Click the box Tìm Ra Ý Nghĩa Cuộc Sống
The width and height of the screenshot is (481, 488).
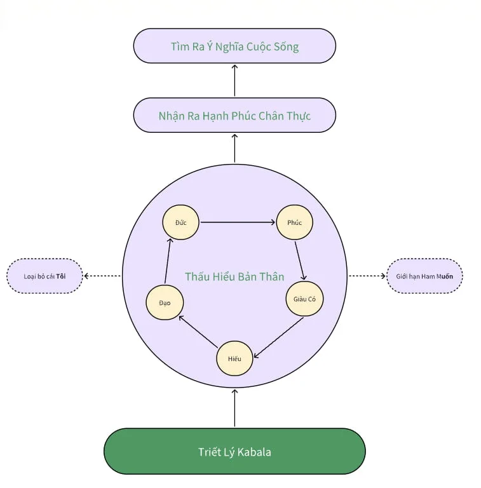(x=234, y=46)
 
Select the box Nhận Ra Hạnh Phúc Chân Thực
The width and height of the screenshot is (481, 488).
(x=234, y=115)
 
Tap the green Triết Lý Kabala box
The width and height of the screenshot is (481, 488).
(x=234, y=451)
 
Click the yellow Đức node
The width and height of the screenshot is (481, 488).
(x=181, y=222)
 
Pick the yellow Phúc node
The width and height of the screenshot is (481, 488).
(x=294, y=222)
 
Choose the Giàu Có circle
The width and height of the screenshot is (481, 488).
(x=304, y=299)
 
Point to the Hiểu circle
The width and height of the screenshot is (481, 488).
(x=234, y=358)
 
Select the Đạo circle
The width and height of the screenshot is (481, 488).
(x=164, y=302)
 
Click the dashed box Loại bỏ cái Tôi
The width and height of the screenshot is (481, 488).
(x=44, y=276)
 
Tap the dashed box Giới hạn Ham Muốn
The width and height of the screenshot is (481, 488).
(x=424, y=276)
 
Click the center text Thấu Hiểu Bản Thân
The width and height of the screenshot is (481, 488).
(x=234, y=276)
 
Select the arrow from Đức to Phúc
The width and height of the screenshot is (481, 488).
(x=238, y=222)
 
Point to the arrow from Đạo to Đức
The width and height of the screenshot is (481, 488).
(x=168, y=261)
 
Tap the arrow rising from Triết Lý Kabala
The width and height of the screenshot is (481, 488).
(x=234, y=408)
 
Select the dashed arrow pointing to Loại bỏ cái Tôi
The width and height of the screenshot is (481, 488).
(x=103, y=276)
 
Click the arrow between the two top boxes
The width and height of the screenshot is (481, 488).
(x=234, y=80)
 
